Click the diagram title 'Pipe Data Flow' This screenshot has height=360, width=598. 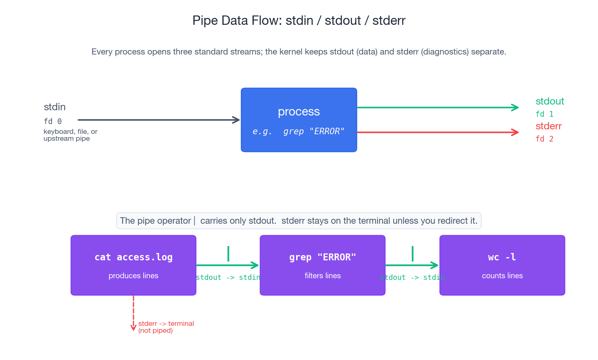(x=299, y=20)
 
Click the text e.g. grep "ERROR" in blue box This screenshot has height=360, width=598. (x=299, y=131)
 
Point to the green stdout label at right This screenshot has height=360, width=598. (x=550, y=101)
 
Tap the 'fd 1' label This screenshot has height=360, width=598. (x=544, y=114)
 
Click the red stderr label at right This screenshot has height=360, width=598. (x=548, y=126)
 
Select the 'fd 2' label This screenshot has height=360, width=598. (x=544, y=139)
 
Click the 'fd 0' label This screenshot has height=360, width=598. (x=52, y=121)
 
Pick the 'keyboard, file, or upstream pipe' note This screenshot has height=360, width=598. (x=70, y=135)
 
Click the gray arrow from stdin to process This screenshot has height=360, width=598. (x=159, y=120)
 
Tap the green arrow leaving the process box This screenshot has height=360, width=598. (x=437, y=107)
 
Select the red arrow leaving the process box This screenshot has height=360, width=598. (x=437, y=132)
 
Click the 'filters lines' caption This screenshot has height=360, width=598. (x=323, y=276)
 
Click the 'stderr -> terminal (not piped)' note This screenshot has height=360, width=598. (x=166, y=327)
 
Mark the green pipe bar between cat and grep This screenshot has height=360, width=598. (x=228, y=253)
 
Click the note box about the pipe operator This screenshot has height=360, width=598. (x=299, y=221)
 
